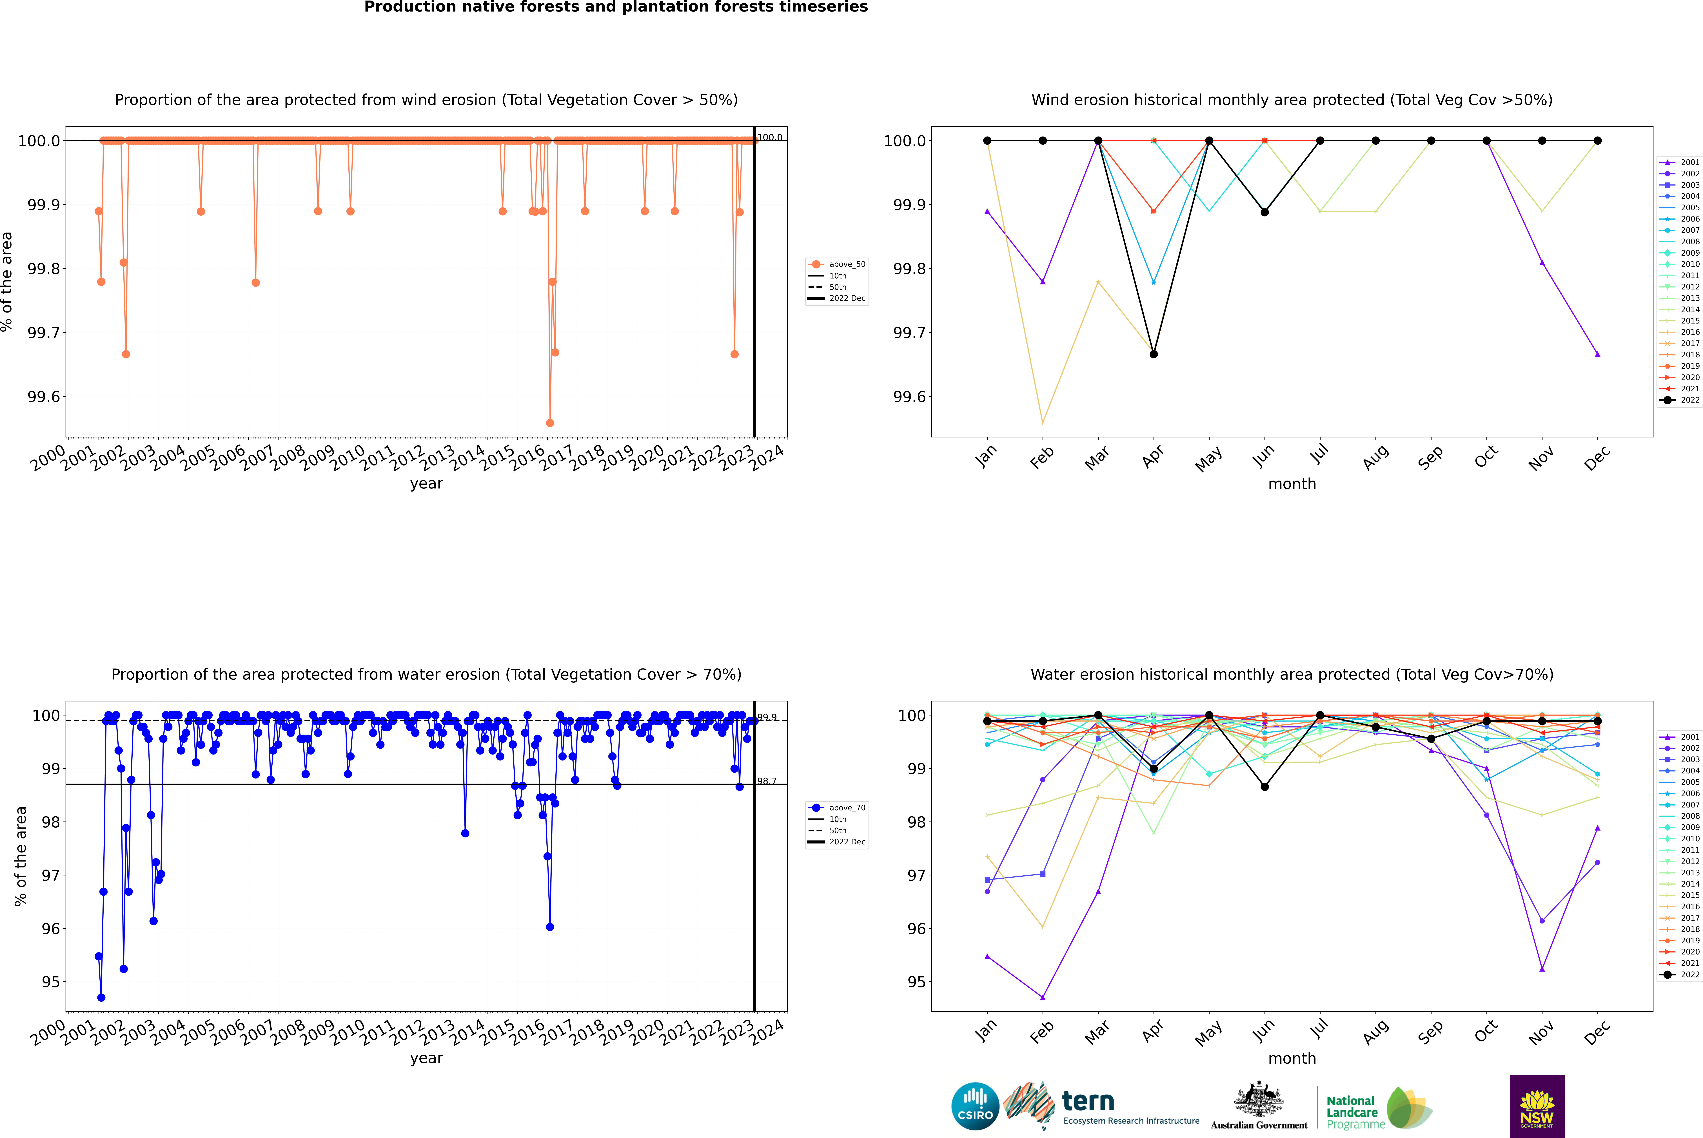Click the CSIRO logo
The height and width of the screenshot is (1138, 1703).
pos(975,1106)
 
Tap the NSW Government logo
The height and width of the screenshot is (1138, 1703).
pos(1537,1106)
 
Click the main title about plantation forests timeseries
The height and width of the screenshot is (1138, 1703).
pos(616,7)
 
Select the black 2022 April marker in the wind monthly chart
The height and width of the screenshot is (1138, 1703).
pos(1154,354)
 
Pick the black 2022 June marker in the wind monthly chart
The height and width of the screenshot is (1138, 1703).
pos(1265,212)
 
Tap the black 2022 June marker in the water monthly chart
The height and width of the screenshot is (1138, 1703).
pos(1265,787)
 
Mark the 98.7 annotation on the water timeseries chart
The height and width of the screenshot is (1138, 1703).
pos(767,781)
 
